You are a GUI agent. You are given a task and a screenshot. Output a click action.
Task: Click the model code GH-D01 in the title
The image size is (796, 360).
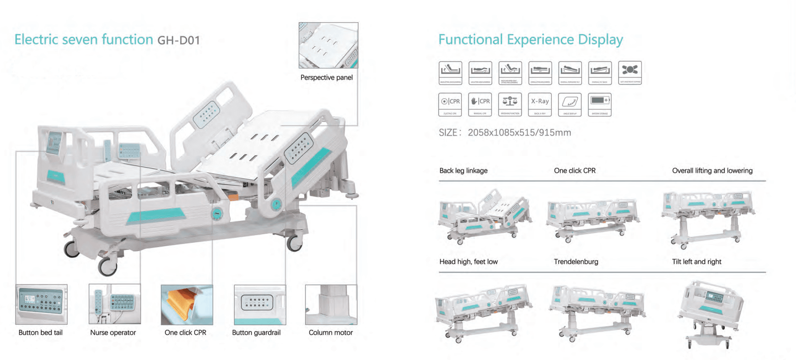point(179,40)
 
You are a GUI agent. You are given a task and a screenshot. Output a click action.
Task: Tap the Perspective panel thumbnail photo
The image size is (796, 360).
point(328,45)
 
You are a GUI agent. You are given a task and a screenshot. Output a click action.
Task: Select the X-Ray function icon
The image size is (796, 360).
point(540,104)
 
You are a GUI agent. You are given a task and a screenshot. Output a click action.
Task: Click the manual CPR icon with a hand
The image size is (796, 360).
point(480,104)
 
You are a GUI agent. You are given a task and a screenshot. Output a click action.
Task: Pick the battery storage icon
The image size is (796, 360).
point(600,104)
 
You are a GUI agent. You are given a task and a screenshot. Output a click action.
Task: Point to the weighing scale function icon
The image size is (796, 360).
point(510,104)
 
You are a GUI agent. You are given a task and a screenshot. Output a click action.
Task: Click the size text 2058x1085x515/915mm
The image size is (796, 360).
point(519,132)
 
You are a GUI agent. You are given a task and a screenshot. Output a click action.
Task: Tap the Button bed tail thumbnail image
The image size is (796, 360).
point(41,304)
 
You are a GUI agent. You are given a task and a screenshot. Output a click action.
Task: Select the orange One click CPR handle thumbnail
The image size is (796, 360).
point(187,305)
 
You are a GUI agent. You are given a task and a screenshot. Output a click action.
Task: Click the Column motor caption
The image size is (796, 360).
point(331,332)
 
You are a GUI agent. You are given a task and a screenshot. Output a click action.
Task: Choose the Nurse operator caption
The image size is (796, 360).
point(113,332)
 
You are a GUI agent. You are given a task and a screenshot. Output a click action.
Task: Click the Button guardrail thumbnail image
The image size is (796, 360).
point(260,305)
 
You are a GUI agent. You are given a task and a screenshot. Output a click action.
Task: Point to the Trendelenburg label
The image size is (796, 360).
point(576,262)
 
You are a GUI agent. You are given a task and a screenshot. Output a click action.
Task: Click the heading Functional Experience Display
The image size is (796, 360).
point(530,40)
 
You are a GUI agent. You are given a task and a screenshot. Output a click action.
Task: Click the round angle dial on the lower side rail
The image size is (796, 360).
point(217,214)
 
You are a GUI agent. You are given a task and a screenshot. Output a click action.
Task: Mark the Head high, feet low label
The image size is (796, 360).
point(468,262)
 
